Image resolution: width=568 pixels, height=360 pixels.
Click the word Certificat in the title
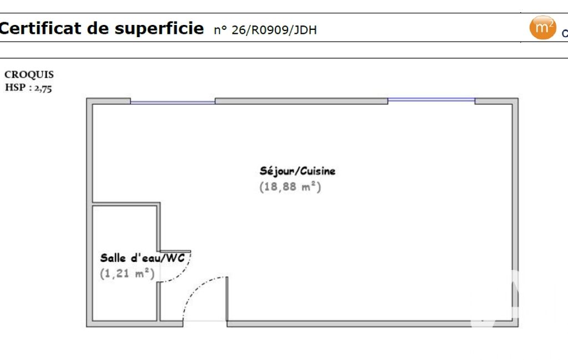(x=40, y=28)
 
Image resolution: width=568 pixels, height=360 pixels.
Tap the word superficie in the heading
(x=159, y=29)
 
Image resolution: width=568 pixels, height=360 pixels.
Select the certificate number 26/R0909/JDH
(x=274, y=30)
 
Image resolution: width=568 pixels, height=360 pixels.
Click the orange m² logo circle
(x=543, y=28)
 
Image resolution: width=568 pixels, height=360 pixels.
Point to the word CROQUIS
(x=29, y=75)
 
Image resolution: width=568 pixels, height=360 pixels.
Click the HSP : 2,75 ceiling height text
(x=28, y=88)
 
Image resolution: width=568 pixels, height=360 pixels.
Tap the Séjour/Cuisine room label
(x=298, y=171)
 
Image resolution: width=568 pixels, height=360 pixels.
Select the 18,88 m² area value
(x=290, y=187)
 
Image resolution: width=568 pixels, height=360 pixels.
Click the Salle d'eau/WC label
(x=142, y=258)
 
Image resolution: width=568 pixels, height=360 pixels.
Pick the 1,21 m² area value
(x=127, y=273)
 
